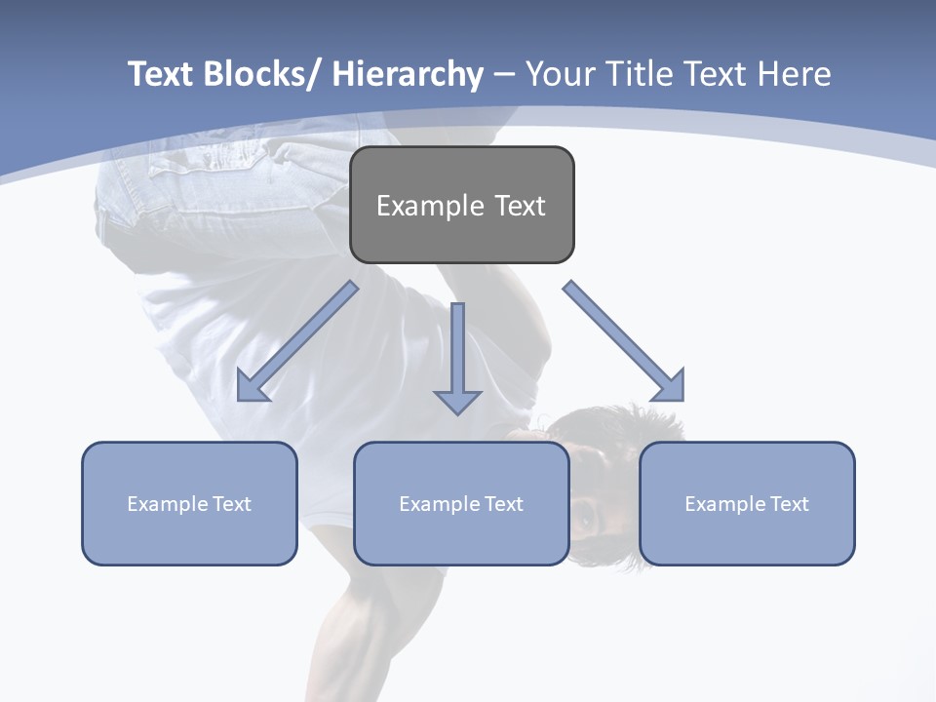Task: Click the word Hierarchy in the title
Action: click(x=408, y=74)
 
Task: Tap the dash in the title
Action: click(x=504, y=74)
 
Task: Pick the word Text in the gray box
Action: click(x=520, y=206)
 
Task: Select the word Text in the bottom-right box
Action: click(x=791, y=504)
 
